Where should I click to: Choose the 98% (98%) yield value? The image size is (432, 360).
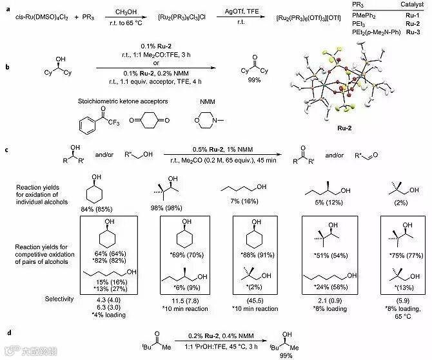tap(184, 206)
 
